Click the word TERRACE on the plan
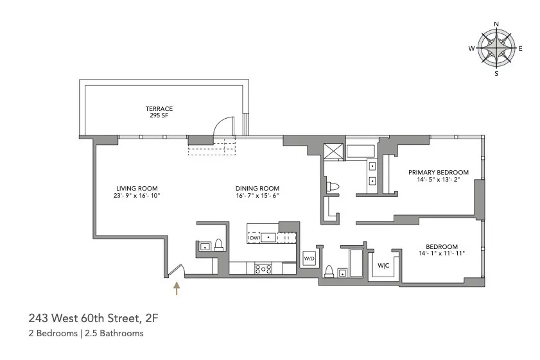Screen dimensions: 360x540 tap(159, 109)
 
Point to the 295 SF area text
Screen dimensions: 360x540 tap(159, 116)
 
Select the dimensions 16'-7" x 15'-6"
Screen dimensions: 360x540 tap(257, 195)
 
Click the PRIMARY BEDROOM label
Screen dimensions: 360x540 tap(439, 172)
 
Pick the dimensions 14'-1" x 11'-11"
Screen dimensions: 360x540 tap(440, 253)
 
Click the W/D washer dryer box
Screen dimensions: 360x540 tap(309, 258)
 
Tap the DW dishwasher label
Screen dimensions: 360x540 tap(254, 237)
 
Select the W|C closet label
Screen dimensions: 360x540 tap(384, 265)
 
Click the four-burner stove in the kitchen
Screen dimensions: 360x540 tap(263, 269)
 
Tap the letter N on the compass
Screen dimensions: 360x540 tap(496, 24)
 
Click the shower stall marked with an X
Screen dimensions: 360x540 tap(334, 152)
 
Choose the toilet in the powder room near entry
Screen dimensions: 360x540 tap(218, 244)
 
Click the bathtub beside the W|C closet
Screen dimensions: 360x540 tap(356, 263)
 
